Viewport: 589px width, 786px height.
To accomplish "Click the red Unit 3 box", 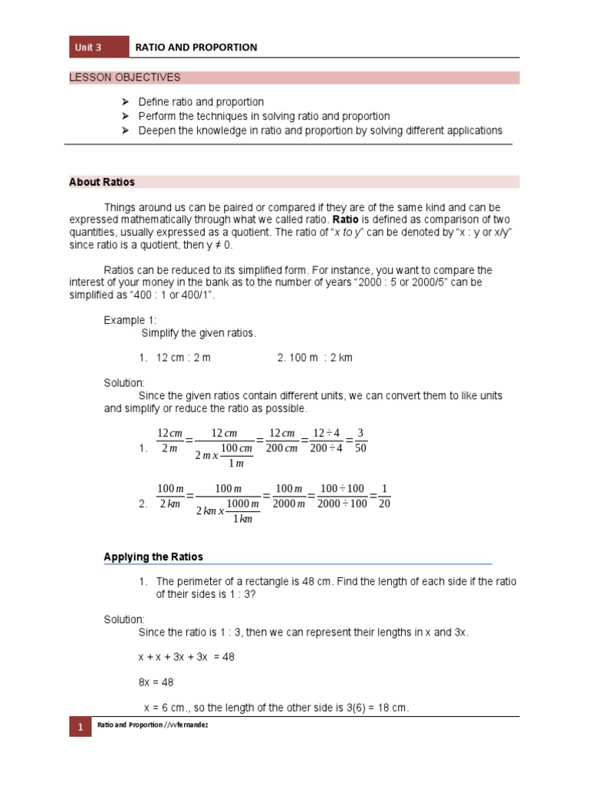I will (98, 47).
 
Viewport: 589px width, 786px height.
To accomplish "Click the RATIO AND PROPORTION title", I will (196, 47).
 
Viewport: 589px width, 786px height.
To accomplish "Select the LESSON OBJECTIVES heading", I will (125, 78).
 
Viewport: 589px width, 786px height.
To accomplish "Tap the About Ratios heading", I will (102, 182).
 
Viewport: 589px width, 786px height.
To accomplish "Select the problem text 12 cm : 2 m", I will (183, 358).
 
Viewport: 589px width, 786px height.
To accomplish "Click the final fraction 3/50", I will (362, 441).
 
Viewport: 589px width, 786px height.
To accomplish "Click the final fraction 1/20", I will (385, 496).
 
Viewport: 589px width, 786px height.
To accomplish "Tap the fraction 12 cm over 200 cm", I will (282, 441).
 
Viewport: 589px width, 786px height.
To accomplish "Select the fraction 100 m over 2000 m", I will (289, 496).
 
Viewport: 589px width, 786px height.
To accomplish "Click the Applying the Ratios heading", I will (153, 556).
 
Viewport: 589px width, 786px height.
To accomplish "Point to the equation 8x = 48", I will (157, 681).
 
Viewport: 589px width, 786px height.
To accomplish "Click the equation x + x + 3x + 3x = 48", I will (186, 657).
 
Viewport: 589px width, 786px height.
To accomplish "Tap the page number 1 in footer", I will (81, 725).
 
